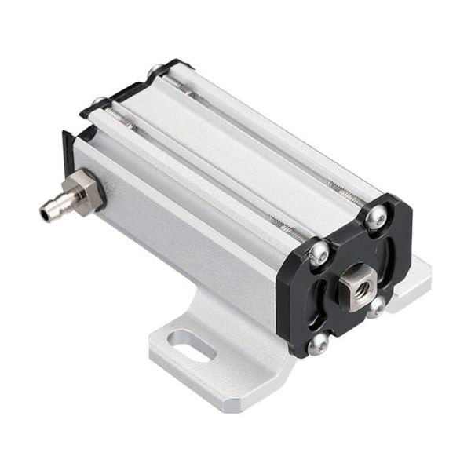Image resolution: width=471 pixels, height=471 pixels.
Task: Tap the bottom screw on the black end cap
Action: point(318,344)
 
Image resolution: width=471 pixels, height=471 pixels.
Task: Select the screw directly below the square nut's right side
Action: point(375,308)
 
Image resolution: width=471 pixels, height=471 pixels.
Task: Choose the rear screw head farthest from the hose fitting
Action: point(158,71)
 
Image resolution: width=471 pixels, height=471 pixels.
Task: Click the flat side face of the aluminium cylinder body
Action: point(188,235)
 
